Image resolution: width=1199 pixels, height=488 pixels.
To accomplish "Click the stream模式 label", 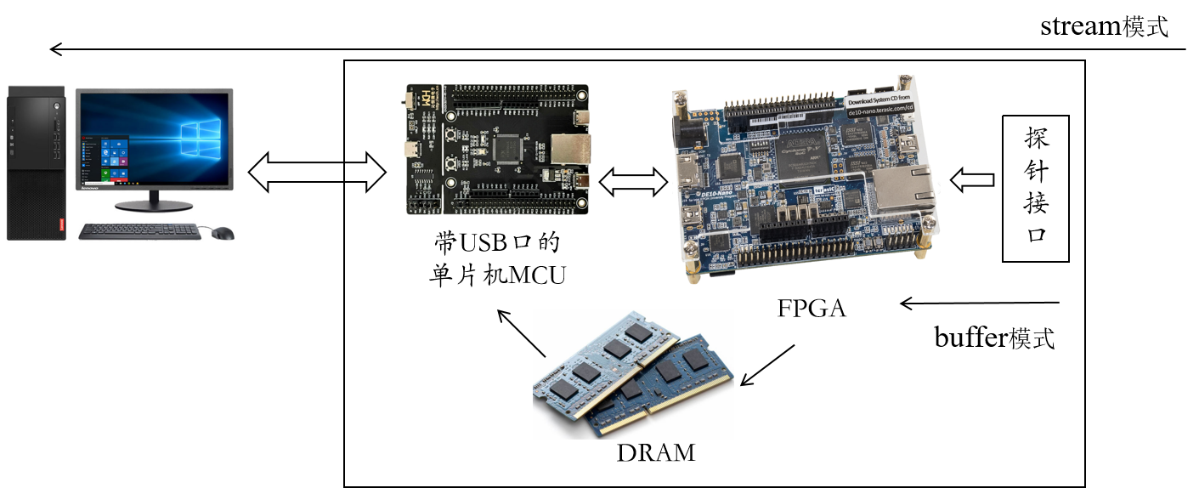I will click(1104, 26).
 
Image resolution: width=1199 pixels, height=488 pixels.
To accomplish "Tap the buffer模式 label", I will click(994, 338).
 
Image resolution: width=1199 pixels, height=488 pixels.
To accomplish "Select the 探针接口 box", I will click(1035, 188).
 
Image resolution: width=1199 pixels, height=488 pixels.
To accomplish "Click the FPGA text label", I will click(812, 308).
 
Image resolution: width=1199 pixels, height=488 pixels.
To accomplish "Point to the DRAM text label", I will click(655, 452).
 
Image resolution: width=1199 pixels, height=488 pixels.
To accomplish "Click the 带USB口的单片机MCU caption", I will click(497, 259).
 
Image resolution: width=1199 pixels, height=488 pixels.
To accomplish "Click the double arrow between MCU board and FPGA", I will click(633, 180).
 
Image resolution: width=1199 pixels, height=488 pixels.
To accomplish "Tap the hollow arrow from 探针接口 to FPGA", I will click(972, 179).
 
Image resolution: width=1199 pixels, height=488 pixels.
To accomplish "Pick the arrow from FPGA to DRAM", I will click(767, 365).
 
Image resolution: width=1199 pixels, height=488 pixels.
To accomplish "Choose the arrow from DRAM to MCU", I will click(521, 333).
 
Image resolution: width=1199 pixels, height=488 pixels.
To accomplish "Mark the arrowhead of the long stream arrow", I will click(56, 49).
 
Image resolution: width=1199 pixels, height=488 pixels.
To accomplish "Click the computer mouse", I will click(223, 233).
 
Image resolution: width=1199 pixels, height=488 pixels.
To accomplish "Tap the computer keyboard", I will click(139, 231).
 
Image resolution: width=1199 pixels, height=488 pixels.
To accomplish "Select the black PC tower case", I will click(35, 162).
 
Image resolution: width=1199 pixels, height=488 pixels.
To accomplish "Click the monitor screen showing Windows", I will click(154, 140).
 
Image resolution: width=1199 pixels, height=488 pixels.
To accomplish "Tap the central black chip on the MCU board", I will click(507, 150).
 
